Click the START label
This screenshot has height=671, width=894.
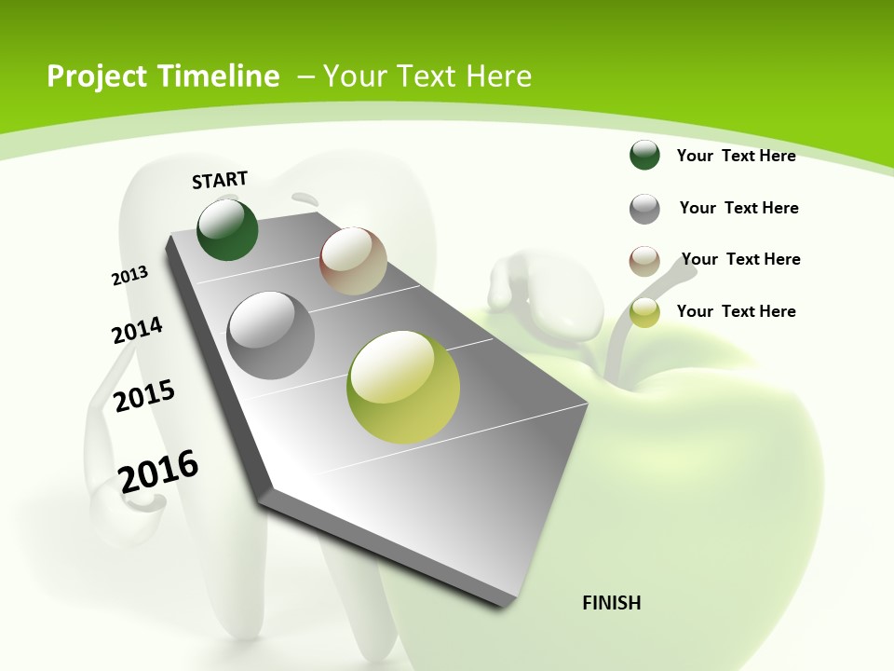tap(220, 180)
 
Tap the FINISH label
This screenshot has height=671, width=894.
tap(611, 603)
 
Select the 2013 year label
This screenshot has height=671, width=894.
tap(129, 276)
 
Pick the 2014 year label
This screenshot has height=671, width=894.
tap(137, 331)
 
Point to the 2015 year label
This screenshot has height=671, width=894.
tap(144, 396)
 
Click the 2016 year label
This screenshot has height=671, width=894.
tap(159, 471)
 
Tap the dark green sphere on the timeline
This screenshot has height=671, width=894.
tap(227, 230)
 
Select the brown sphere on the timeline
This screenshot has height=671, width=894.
tap(353, 261)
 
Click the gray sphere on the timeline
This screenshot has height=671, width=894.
tap(270, 335)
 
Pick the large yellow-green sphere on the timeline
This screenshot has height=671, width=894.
tap(403, 387)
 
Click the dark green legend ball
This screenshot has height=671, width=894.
tap(644, 156)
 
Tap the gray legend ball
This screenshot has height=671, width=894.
tap(644, 209)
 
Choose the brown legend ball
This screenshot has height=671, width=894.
tap(644, 261)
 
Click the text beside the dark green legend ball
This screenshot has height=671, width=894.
tap(736, 156)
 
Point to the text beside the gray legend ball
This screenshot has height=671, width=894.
tap(738, 208)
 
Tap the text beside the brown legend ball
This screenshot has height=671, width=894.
tap(740, 259)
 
